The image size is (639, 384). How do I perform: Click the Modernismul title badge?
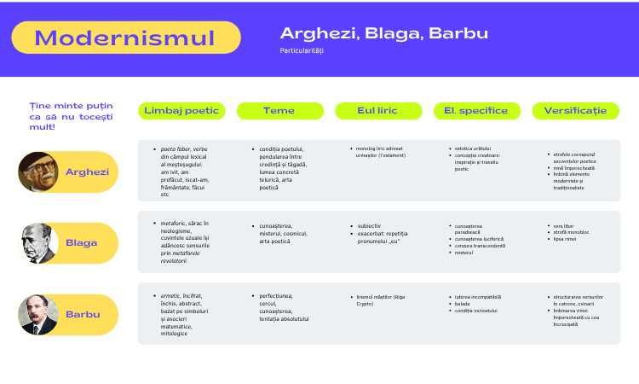[125, 38]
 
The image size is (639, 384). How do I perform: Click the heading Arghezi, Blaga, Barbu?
[383, 33]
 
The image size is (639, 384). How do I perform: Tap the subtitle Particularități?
[302, 51]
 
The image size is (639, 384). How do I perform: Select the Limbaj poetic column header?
[181, 111]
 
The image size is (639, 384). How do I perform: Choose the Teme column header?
[279, 111]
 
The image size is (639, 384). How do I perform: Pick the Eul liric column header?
[378, 111]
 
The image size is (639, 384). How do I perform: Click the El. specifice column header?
[476, 111]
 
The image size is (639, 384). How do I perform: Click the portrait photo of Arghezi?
[37, 172]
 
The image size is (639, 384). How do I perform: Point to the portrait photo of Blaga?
[37, 243]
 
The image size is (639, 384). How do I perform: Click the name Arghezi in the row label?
[87, 172]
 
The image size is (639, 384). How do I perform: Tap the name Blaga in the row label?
[82, 243]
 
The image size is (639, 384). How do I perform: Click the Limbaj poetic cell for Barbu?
[181, 314]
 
